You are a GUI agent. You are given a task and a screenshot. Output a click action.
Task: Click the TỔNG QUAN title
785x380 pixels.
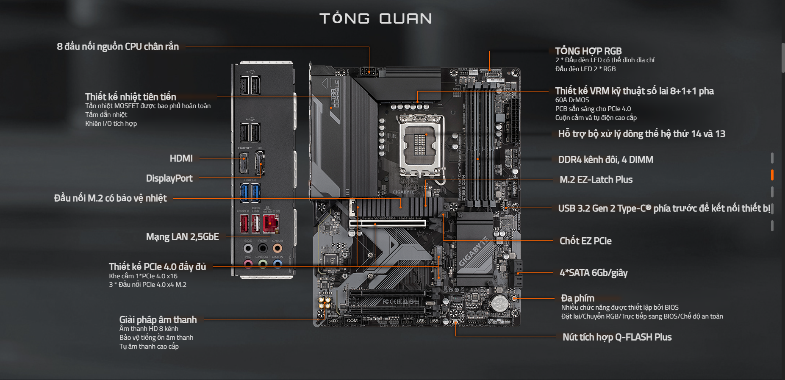(375, 18)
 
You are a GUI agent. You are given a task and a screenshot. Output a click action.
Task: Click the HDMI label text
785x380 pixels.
(181, 158)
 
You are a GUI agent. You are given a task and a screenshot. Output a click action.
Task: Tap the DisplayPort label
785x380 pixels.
(169, 178)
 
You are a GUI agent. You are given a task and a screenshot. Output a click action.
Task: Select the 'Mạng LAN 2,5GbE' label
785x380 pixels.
(182, 237)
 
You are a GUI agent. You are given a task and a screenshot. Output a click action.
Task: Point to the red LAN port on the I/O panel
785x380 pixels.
(270, 224)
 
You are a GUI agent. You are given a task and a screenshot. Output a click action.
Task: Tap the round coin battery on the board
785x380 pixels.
(499, 303)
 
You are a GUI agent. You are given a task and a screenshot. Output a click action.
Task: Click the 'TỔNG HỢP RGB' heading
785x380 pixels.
(588, 51)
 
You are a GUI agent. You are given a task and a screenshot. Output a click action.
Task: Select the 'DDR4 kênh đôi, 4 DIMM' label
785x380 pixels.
(605, 160)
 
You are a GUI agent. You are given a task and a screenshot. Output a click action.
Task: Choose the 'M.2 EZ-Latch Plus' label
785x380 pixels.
(596, 180)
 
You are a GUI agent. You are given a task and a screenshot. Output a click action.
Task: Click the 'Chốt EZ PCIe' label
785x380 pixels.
(585, 241)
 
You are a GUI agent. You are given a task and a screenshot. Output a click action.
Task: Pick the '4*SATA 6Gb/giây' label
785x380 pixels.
(594, 273)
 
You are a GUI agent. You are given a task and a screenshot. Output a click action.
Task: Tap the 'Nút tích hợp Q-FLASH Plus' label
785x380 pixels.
(617, 337)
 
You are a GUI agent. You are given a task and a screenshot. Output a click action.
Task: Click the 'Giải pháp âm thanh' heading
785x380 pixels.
(158, 320)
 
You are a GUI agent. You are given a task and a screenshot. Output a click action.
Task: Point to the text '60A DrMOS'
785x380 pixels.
(572, 100)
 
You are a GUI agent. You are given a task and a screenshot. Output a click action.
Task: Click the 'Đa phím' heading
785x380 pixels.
(577, 298)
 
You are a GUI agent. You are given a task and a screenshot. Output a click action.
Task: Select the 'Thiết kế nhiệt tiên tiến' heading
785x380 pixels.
(130, 97)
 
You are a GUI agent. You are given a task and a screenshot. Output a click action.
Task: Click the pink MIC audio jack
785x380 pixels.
(248, 264)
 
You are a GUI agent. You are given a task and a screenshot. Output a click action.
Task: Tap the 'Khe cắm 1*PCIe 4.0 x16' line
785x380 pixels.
(143, 276)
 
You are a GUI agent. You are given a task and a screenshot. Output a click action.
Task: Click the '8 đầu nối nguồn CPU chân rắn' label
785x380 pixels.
(118, 47)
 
